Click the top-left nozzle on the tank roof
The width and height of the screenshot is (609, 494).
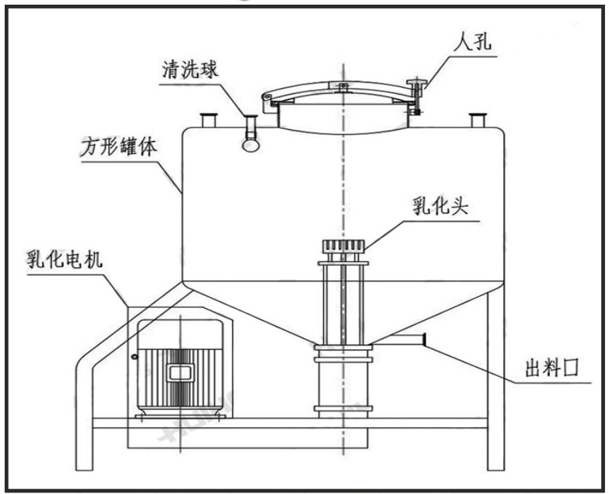point(209,121)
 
